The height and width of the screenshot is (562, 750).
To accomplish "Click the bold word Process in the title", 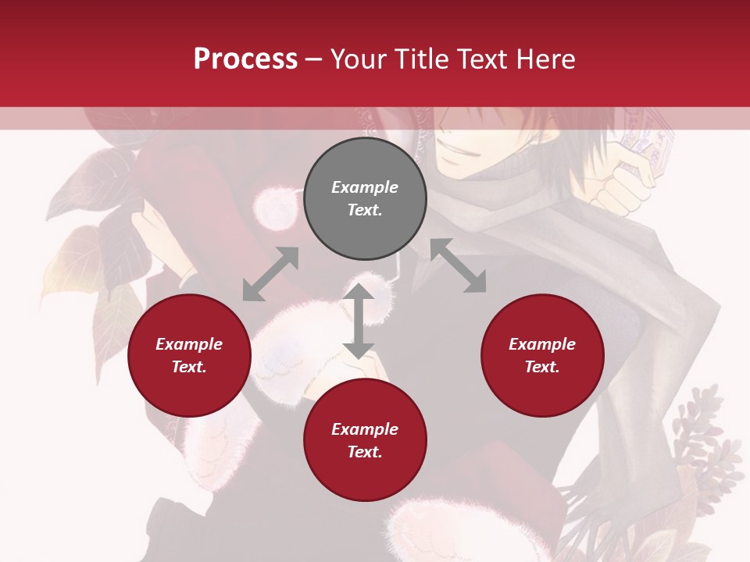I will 245,59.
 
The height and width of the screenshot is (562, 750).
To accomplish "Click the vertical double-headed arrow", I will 359,321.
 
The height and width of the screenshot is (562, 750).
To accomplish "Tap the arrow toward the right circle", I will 459,265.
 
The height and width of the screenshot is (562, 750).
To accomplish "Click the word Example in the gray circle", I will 365,187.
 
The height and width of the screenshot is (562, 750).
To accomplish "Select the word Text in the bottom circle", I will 365,452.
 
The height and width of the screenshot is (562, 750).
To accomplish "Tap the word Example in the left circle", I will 189,344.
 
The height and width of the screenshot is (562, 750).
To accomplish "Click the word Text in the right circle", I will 542,367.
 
